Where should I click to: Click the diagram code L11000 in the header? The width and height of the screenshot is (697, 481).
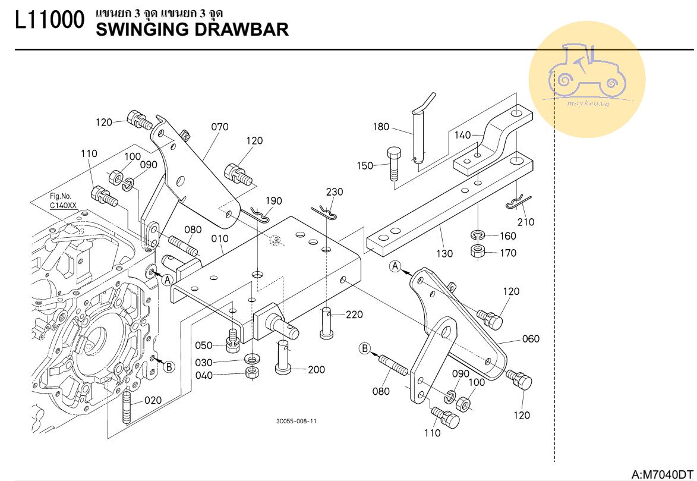[50, 22]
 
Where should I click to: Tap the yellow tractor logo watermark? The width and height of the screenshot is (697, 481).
[586, 79]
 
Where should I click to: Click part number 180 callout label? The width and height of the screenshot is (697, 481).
[381, 127]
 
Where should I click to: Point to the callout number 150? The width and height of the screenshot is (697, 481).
[364, 165]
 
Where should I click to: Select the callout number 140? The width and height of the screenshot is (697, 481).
[462, 136]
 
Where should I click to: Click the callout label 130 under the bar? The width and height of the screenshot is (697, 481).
[444, 254]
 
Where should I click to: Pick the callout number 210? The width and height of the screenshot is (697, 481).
[525, 222]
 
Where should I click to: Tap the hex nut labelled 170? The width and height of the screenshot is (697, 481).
[477, 251]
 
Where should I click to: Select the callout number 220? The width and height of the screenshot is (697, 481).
[354, 315]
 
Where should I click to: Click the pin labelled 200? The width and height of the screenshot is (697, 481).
[283, 357]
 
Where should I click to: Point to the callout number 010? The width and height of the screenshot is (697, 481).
[220, 239]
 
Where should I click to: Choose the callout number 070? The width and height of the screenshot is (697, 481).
[219, 127]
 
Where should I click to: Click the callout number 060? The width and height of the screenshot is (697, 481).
[531, 339]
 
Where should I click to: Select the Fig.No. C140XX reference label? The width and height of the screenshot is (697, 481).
[63, 200]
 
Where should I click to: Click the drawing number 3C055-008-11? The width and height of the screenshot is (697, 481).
[296, 421]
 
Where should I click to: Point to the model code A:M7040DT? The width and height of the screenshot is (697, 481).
[663, 474]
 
